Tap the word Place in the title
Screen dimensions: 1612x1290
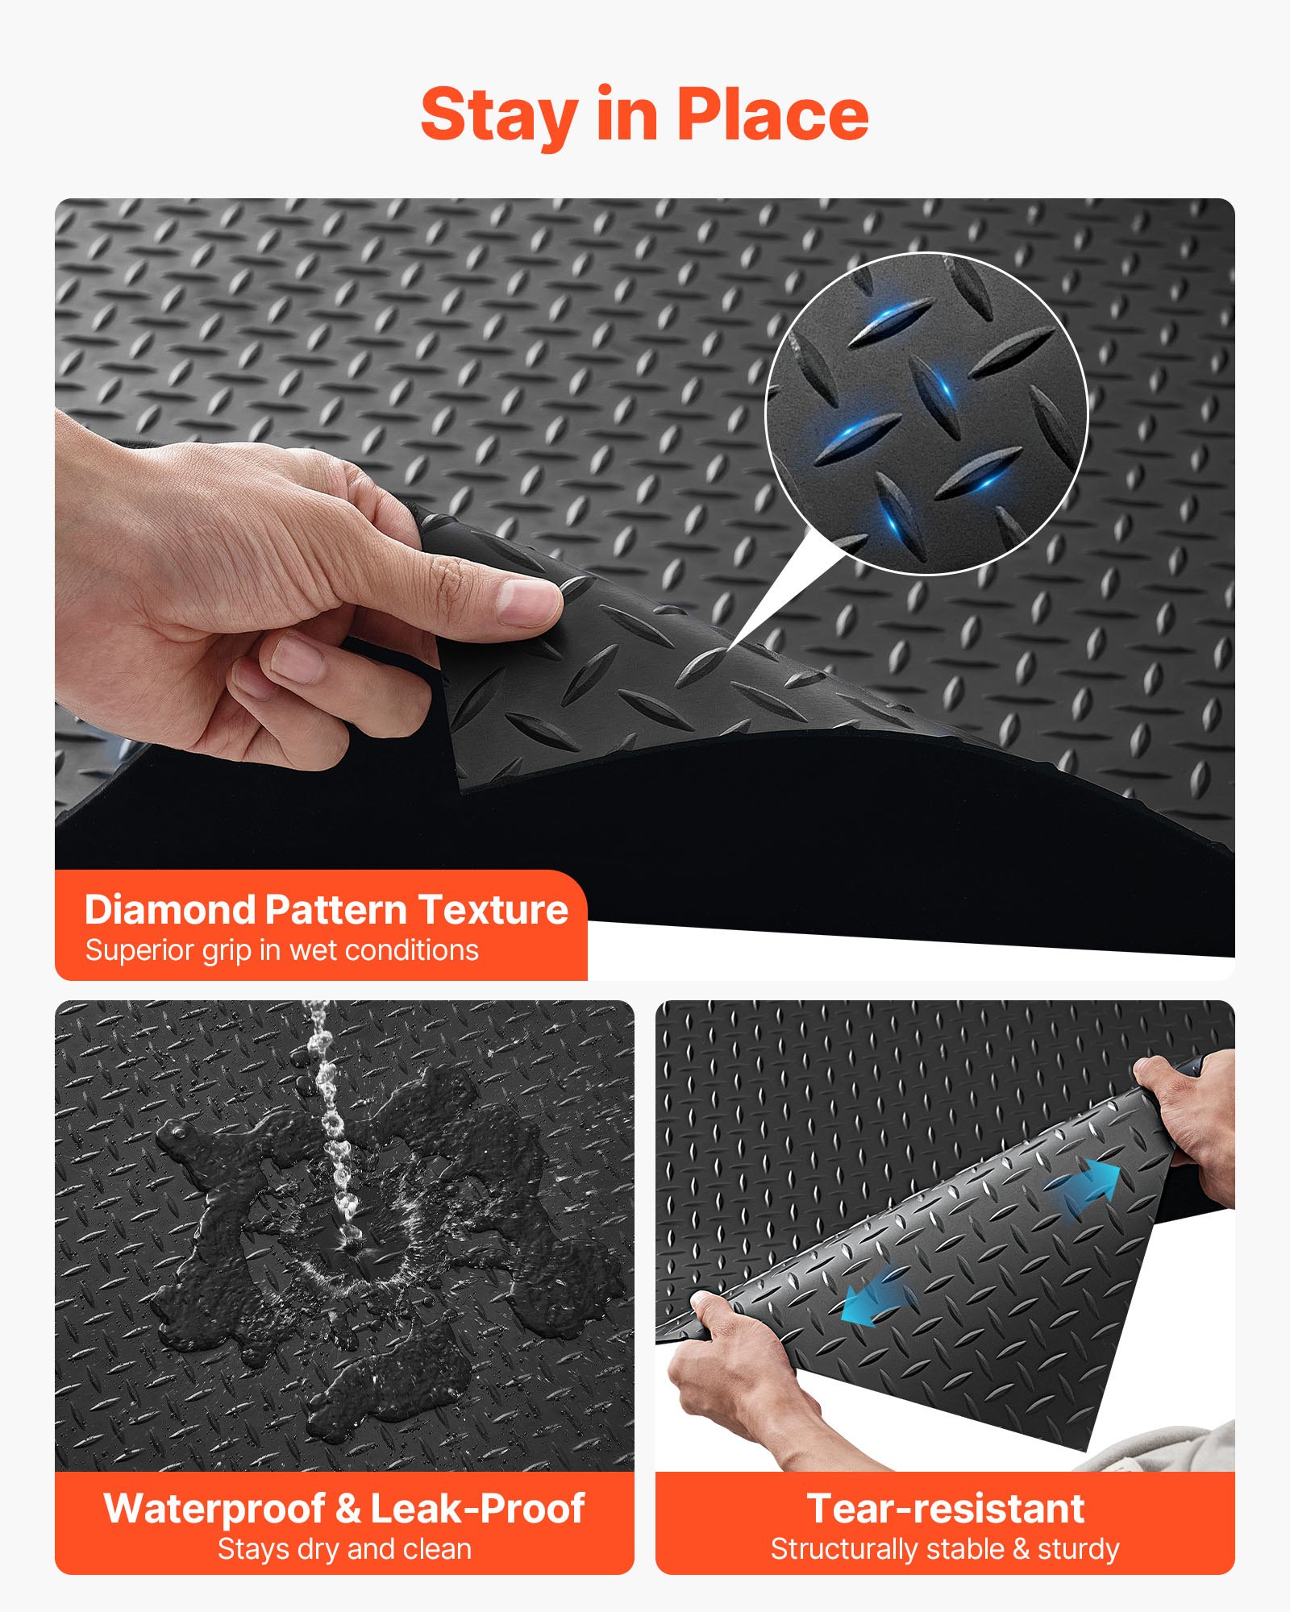(772, 115)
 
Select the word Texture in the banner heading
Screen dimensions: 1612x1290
(493, 910)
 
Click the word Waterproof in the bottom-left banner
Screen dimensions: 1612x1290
(214, 1509)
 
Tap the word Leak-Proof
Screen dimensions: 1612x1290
(477, 1509)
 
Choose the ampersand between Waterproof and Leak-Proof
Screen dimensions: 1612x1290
(347, 1509)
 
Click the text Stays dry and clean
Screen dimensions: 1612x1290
(344, 1549)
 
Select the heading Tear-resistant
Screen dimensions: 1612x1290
(945, 1509)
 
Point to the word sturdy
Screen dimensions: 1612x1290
(1078, 1549)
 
